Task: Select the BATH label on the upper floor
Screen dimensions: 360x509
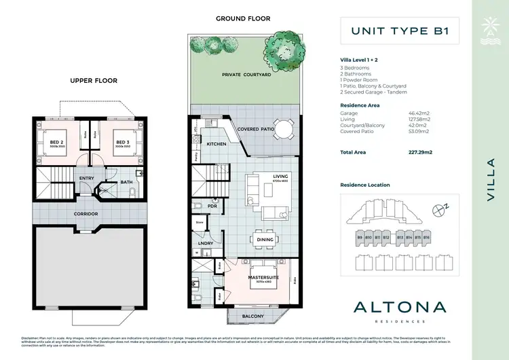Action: tap(126, 182)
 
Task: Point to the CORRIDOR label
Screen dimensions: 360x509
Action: tap(86, 214)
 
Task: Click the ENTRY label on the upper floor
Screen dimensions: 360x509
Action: tap(86, 179)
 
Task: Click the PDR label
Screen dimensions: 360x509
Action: tap(212, 206)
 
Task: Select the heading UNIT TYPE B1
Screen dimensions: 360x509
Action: tap(395, 31)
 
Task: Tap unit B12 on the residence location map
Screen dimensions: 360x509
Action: tap(385, 237)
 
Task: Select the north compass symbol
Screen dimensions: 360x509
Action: tap(443, 211)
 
